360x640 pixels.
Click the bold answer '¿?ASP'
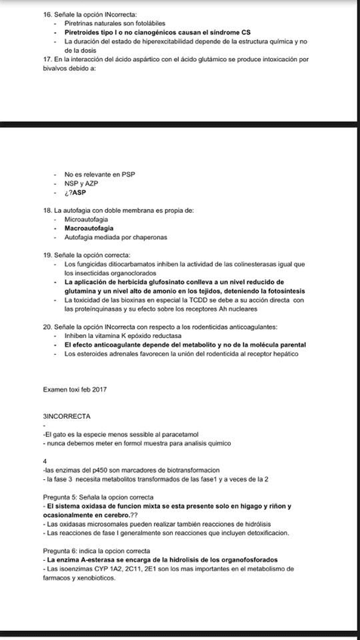tap(75, 192)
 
